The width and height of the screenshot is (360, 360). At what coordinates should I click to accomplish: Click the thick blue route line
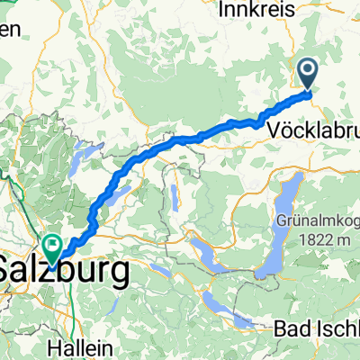tap(180, 139)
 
